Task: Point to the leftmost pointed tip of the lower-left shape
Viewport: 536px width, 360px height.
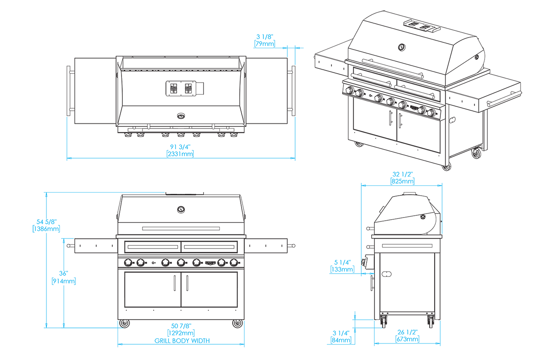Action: [x=67, y=245]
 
